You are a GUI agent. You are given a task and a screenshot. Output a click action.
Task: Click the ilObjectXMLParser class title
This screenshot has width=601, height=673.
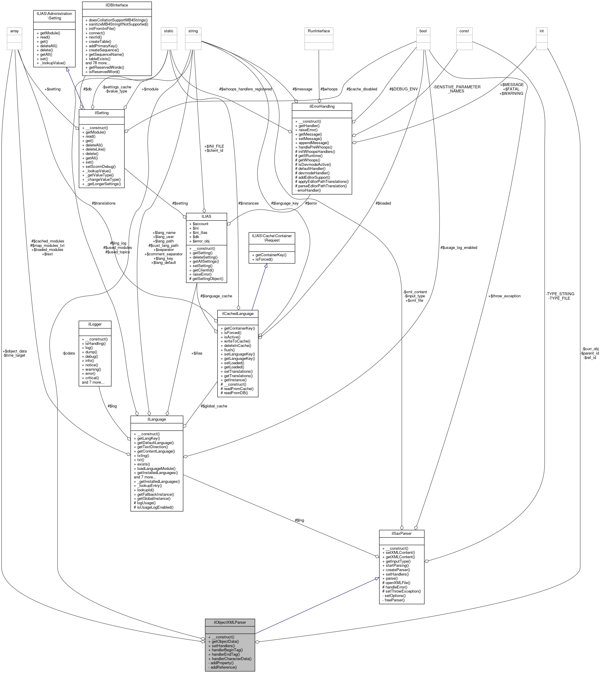pyautogui.click(x=229, y=622)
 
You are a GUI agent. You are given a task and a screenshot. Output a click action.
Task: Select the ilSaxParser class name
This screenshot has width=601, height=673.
pyautogui.click(x=401, y=533)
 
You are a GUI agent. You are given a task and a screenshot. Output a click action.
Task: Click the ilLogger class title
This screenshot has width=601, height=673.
pyautogui.click(x=95, y=324)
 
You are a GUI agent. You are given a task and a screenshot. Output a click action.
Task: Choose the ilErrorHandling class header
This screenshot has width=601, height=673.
pyautogui.click(x=322, y=106)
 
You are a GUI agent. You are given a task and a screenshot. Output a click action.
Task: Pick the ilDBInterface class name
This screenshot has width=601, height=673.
pyautogui.click(x=117, y=5)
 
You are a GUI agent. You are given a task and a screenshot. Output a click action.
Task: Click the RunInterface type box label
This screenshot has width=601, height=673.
pyautogui.click(x=319, y=31)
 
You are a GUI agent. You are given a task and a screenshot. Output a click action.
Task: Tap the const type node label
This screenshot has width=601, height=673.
pyautogui.click(x=464, y=31)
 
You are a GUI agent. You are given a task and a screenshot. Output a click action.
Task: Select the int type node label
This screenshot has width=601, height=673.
pyautogui.click(x=541, y=31)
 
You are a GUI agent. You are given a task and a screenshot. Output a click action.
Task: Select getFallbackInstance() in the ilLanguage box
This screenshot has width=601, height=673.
pyautogui.click(x=153, y=494)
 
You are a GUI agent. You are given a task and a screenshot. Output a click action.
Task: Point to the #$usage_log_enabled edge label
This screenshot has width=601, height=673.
pyautogui.click(x=459, y=247)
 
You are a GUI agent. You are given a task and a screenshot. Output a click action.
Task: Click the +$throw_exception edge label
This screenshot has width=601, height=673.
pyautogui.click(x=504, y=296)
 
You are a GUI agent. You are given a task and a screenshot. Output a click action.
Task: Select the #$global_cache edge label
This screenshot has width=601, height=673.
pyautogui.click(x=214, y=406)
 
